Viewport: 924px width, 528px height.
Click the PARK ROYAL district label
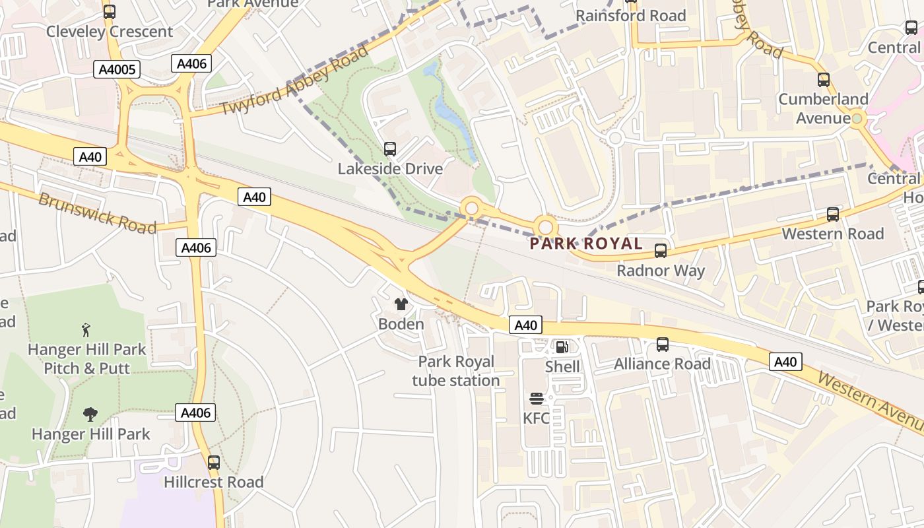[x=586, y=244]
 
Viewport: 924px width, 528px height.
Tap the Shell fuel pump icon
[x=562, y=346]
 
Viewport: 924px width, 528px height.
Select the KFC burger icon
[x=536, y=398]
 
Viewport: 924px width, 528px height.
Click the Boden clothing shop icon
[x=401, y=304]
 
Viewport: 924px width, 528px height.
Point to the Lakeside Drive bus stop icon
[x=390, y=148]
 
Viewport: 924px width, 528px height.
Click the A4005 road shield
[x=116, y=69]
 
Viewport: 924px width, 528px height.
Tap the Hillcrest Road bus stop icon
[x=213, y=462]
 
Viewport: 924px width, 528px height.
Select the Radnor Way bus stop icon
[x=661, y=250]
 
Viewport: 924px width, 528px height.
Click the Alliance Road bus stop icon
[x=662, y=344]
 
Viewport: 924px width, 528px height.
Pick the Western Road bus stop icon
[x=833, y=214]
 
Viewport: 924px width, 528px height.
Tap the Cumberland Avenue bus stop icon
[x=823, y=79]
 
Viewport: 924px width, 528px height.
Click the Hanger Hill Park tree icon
[x=90, y=414]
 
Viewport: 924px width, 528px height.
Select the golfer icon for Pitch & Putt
[x=86, y=329]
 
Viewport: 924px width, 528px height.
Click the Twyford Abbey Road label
[x=294, y=80]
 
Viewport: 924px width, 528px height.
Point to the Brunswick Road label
[x=97, y=213]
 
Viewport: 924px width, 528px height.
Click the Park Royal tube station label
[x=456, y=371]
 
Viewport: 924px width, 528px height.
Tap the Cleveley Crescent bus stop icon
[x=110, y=11]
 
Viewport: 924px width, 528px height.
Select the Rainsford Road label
[x=631, y=16]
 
